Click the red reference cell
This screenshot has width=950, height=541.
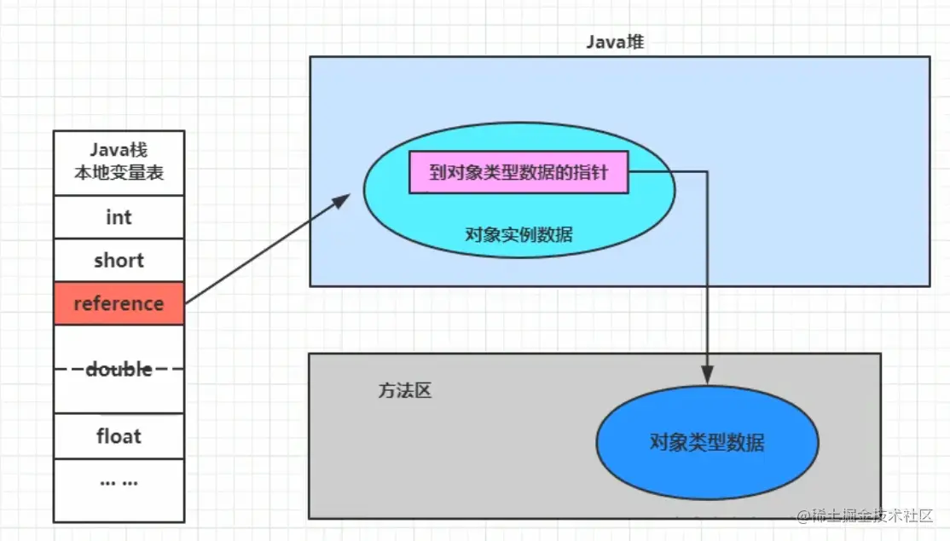(119, 303)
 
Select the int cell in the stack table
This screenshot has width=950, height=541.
(119, 217)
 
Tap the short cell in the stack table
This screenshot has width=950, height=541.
(119, 261)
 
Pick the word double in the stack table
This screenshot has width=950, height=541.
(119, 370)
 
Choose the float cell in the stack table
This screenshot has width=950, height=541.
(119, 436)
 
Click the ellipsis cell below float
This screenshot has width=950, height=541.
(119, 481)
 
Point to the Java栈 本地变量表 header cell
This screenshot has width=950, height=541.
(119, 162)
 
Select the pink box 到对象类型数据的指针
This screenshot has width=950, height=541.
(518, 173)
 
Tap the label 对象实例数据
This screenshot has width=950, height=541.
(518, 234)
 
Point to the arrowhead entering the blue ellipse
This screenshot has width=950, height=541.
(707, 377)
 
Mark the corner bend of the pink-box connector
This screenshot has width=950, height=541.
(707, 172)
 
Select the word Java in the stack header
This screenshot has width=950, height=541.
(108, 150)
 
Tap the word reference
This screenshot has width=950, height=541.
(119, 303)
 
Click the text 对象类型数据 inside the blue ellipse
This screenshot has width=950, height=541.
(706, 443)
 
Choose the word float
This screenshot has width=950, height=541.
(119, 436)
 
